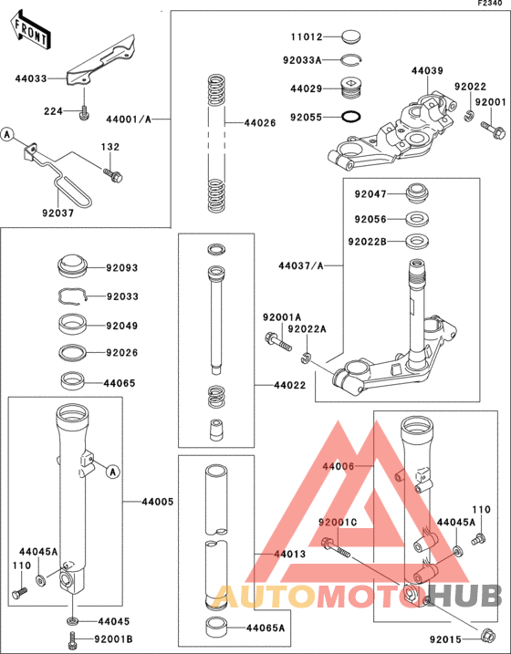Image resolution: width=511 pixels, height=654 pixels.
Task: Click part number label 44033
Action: click(x=30, y=79)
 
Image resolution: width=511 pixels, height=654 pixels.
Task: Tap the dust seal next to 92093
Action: click(x=73, y=267)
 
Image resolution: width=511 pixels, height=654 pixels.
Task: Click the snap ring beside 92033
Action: click(x=72, y=295)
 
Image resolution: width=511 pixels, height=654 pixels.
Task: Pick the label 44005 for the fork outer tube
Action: click(x=158, y=502)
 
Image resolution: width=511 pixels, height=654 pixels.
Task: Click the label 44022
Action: click(x=289, y=386)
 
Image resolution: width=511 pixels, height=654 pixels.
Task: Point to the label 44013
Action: click(x=289, y=554)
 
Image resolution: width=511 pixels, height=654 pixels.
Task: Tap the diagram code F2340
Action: click(x=491, y=5)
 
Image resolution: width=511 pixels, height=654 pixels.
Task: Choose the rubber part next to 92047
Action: click(x=419, y=194)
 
